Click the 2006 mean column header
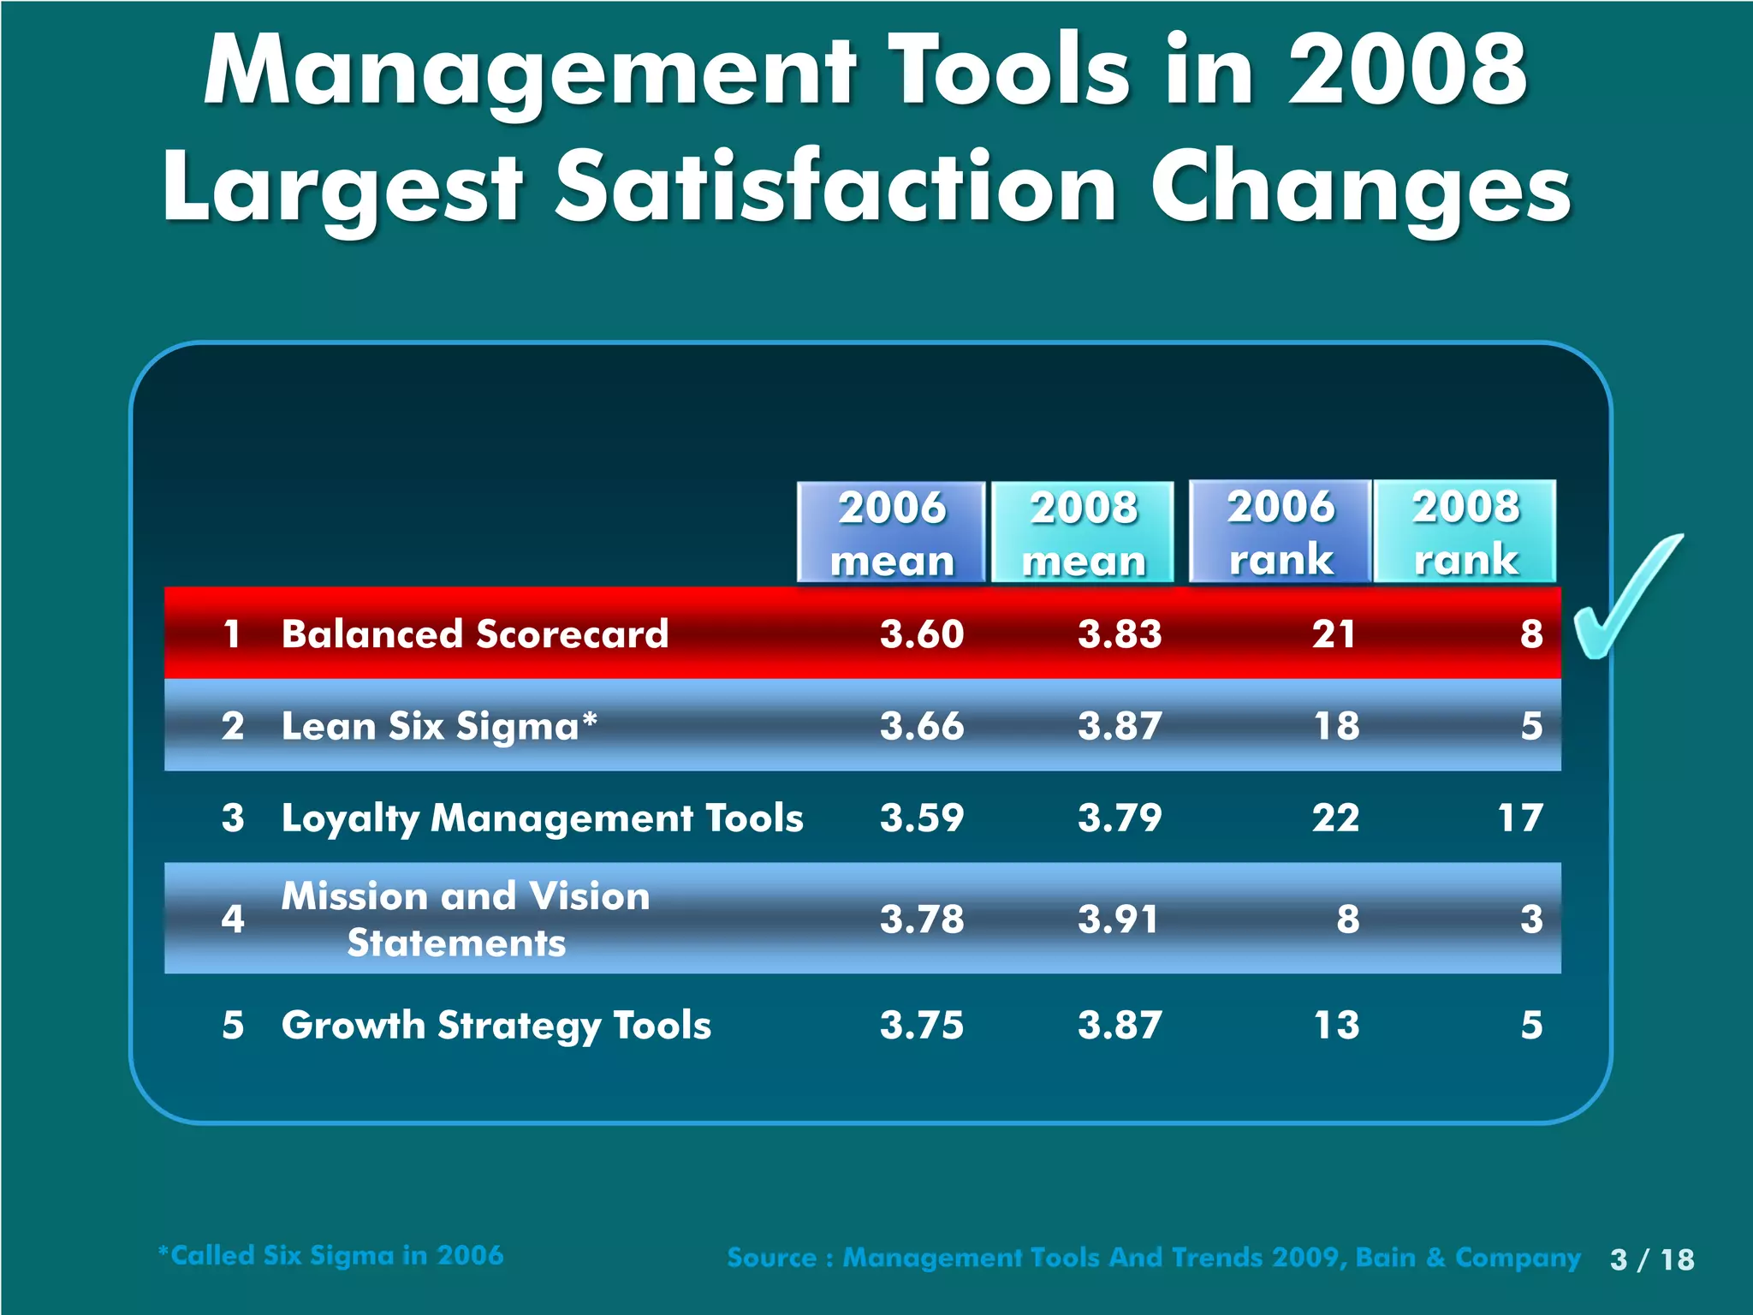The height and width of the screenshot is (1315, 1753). (891, 533)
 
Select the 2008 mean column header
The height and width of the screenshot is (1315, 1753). (1083, 533)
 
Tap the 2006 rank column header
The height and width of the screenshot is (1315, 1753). (1281, 532)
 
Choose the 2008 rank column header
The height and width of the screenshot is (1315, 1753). (1465, 532)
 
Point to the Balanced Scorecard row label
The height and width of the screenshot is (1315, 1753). (475, 634)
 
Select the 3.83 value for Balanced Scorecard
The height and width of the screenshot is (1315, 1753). (1120, 634)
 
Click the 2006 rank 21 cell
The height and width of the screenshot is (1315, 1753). (1334, 634)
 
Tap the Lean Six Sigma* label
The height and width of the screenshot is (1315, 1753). (439, 727)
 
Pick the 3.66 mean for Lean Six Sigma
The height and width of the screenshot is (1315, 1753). (922, 726)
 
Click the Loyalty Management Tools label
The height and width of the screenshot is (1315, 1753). (542, 818)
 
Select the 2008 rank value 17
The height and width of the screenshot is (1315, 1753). (1520, 818)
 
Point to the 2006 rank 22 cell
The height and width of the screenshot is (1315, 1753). (1335, 818)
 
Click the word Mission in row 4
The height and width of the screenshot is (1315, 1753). (354, 896)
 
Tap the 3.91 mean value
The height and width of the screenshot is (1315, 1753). (1118, 919)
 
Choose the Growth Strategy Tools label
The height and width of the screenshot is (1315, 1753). (496, 1026)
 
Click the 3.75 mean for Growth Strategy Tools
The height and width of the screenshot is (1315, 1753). (922, 1025)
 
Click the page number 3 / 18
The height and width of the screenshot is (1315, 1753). (1651, 1259)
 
